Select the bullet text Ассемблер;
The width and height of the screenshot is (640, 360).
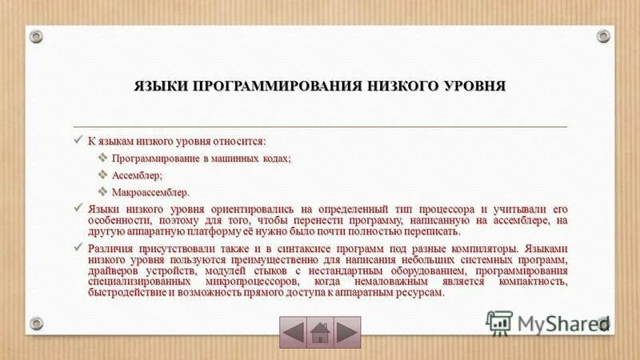point(137,174)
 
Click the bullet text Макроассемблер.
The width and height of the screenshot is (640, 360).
point(151,192)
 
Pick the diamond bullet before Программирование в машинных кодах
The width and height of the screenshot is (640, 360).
point(103,158)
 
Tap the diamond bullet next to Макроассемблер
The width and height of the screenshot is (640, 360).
point(103,192)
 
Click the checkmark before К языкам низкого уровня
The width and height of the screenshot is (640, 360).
point(78,140)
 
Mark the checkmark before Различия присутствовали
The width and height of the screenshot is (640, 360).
point(78,248)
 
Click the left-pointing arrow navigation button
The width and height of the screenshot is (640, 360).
point(294,331)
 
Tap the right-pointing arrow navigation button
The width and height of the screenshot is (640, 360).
point(346,331)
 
